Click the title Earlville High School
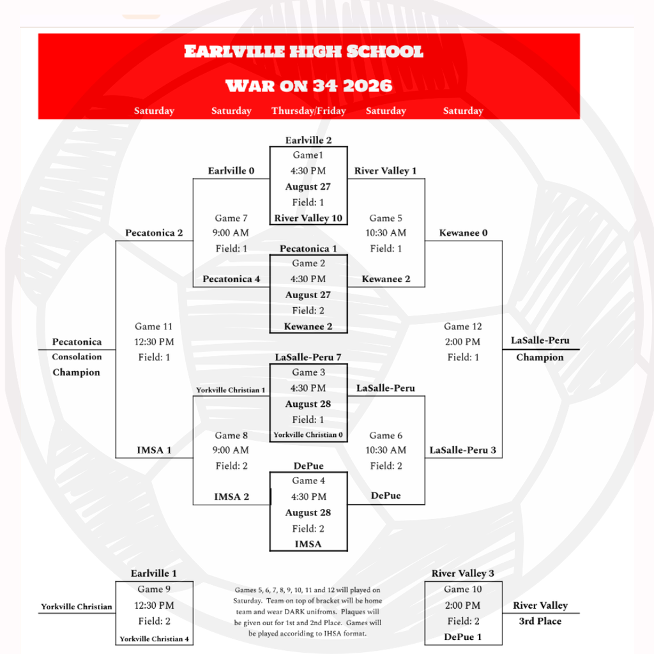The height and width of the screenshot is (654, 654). [x=303, y=51]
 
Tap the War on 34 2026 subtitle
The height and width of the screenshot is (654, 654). [x=308, y=86]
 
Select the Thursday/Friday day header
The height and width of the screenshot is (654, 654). [x=308, y=110]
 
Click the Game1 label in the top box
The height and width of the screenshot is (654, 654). [x=308, y=155]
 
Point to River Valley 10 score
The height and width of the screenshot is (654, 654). [x=308, y=218]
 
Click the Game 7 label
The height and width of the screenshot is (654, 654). [x=231, y=218]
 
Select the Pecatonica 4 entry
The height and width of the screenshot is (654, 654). [x=231, y=279]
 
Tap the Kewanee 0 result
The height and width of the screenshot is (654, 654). [x=463, y=232]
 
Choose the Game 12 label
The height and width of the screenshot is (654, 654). [x=462, y=326]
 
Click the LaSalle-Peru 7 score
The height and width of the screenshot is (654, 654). [x=308, y=357]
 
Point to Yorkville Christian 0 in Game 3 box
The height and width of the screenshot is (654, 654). [x=308, y=434]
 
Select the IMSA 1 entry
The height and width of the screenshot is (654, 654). [x=154, y=450]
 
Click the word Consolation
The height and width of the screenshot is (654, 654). [x=77, y=356]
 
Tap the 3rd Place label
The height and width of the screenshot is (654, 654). [x=540, y=621]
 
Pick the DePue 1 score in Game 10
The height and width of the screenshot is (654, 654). [x=462, y=637]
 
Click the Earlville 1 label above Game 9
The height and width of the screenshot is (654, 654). [x=154, y=573]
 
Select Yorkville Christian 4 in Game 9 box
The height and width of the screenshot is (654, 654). [x=154, y=639]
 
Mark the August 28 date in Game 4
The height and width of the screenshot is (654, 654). [x=308, y=513]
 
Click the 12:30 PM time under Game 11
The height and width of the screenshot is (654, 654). [x=154, y=342]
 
